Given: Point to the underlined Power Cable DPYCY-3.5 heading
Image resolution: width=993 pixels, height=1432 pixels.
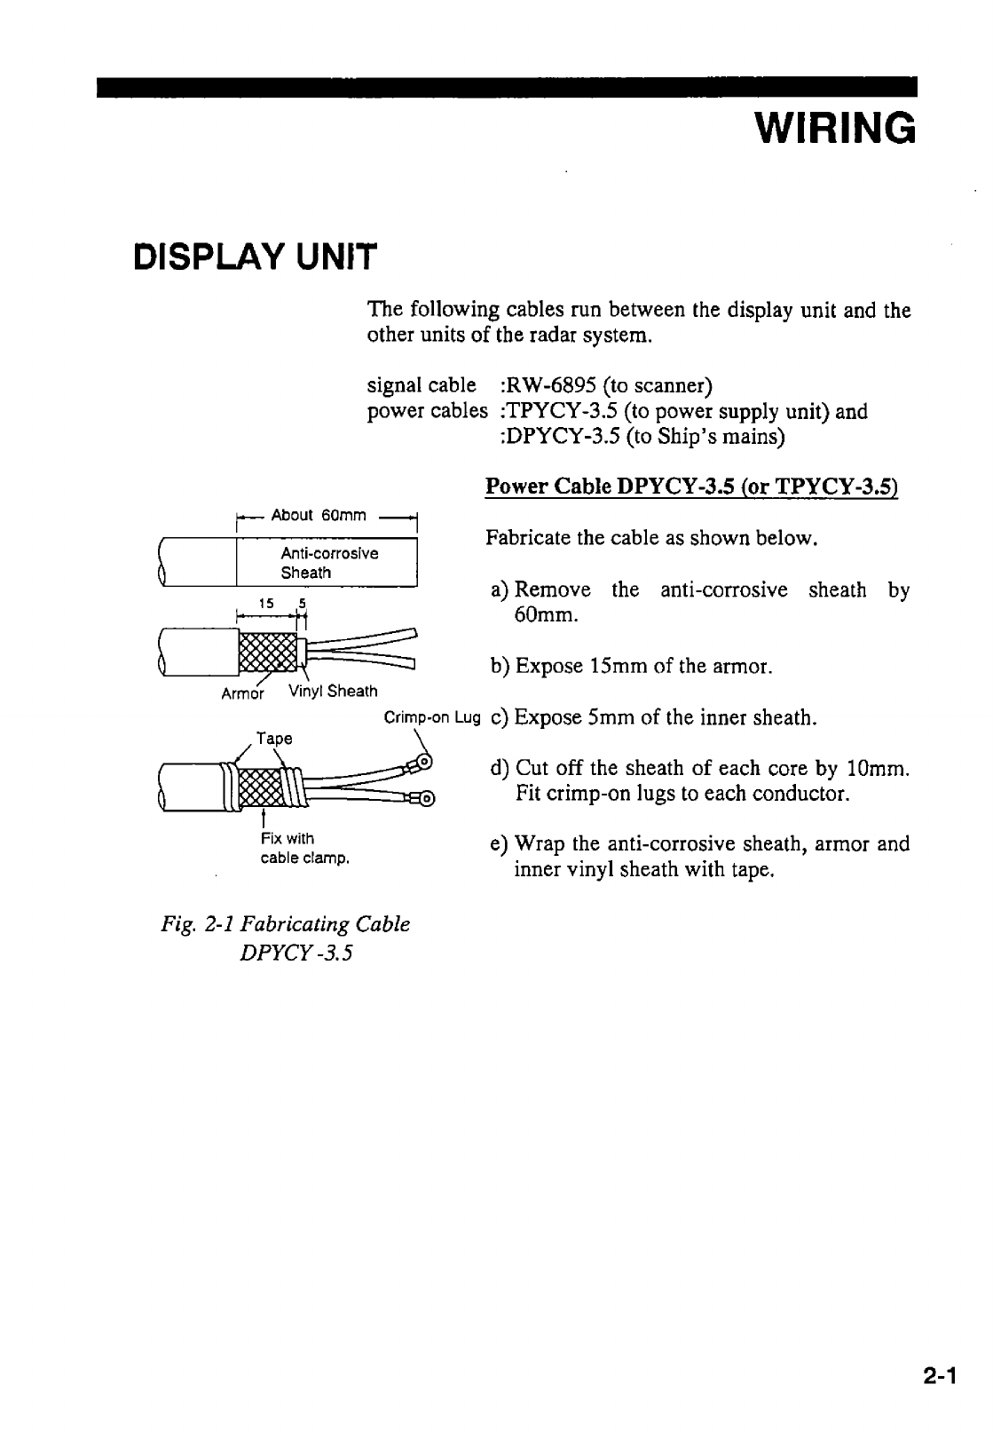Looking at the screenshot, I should click(x=692, y=487).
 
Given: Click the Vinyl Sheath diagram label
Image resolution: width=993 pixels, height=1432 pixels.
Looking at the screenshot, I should click(x=334, y=692).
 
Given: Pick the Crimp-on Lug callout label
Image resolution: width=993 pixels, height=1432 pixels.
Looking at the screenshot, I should click(x=431, y=717).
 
